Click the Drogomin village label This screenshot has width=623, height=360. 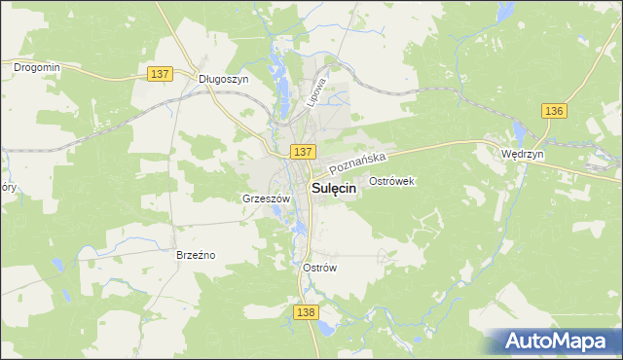[x=37, y=67]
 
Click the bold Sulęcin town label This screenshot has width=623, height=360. [x=333, y=191]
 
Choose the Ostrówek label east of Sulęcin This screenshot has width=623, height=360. [x=393, y=181]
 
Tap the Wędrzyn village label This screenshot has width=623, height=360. [x=521, y=154]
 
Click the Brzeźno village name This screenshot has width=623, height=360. [x=195, y=255]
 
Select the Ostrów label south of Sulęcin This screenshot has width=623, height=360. [x=319, y=268]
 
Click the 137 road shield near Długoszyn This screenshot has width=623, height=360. [x=162, y=74]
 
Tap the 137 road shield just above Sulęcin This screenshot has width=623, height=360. [x=303, y=152]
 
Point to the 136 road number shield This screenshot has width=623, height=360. [x=554, y=111]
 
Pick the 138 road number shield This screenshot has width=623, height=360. [x=305, y=310]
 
